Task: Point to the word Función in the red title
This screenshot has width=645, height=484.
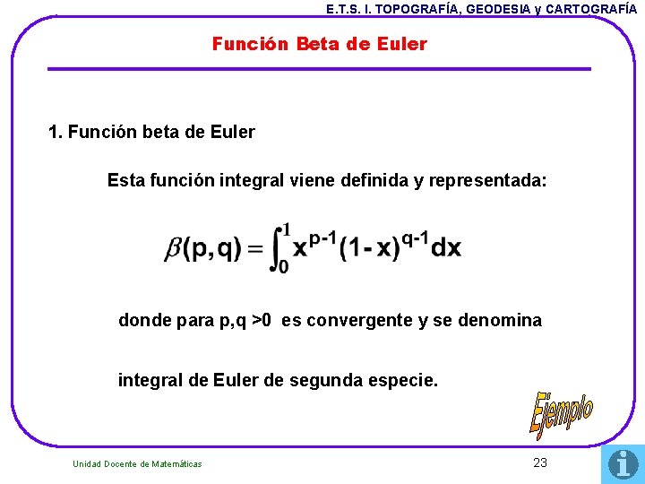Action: [x=242, y=44]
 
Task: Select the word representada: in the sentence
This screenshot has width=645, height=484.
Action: [x=487, y=180]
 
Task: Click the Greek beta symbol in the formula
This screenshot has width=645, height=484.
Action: [x=173, y=248]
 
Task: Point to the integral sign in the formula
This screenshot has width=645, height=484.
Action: [x=282, y=247]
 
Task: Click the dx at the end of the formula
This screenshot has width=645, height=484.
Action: [x=446, y=248]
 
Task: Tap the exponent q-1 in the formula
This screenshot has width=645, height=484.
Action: [x=416, y=238]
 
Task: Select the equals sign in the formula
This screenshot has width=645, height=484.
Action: [x=257, y=249]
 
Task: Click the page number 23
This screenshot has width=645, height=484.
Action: [x=539, y=462]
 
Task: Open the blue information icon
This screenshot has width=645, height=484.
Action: [x=623, y=463]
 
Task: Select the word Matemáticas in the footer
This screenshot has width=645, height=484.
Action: [x=177, y=463]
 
